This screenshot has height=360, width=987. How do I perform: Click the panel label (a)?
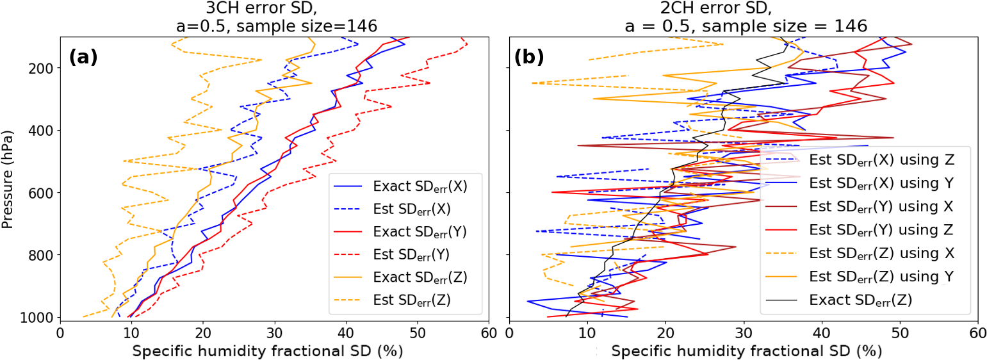click(83, 57)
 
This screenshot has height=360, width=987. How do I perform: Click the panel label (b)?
click(528, 57)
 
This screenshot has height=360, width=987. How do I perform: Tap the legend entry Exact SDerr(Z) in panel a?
click(420, 277)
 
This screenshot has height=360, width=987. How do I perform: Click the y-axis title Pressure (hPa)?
click(8, 178)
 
